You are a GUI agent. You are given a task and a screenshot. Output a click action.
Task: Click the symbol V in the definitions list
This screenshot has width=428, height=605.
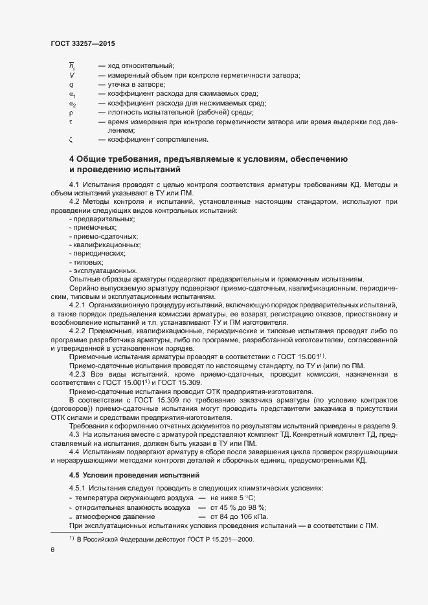click(72, 75)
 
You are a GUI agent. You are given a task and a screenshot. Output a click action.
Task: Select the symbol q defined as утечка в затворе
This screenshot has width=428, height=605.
click(71, 85)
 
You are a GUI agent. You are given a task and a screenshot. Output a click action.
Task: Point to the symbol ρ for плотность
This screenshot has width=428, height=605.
click(71, 112)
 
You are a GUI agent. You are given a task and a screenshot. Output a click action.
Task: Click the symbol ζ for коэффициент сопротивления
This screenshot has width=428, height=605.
click(71, 139)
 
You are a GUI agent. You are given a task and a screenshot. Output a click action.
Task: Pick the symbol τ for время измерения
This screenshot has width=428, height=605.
click(71, 121)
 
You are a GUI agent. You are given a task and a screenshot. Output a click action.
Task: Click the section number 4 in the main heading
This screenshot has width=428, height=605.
click(72, 159)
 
